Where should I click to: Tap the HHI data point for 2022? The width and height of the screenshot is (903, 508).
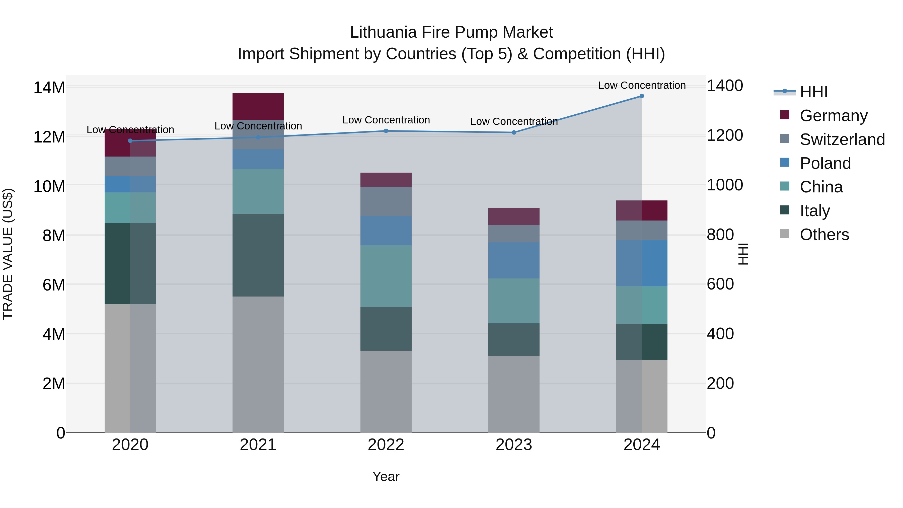click(386, 131)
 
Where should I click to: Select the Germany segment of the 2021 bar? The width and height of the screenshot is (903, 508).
click(258, 106)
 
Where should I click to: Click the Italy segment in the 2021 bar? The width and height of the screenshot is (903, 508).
click(258, 255)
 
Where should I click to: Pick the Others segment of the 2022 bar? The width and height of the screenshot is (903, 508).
click(386, 391)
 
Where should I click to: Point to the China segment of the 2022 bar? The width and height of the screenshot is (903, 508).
click(386, 276)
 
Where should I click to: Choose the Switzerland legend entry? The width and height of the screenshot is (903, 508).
click(842, 139)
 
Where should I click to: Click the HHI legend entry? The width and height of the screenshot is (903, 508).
click(813, 92)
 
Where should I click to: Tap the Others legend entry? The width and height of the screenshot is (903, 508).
click(824, 234)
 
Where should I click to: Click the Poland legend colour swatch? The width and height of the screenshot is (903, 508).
click(785, 163)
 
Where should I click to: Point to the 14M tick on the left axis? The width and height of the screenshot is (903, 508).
click(49, 87)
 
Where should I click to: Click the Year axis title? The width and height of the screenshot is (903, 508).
click(386, 476)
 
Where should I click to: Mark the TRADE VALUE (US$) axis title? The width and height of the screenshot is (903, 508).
click(8, 254)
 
